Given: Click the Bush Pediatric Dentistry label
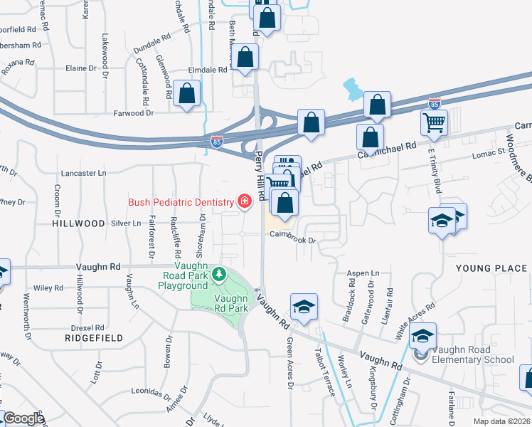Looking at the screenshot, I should (181, 203).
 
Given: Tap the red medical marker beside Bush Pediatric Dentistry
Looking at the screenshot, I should (245, 203).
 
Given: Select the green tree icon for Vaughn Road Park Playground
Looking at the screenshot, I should (220, 274).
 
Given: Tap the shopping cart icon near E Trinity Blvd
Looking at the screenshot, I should (434, 123).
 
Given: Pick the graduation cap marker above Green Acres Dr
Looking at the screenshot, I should (304, 307).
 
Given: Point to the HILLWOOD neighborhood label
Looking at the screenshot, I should (78, 223).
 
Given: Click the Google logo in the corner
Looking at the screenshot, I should (23, 418).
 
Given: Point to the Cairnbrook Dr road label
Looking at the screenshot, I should (291, 241).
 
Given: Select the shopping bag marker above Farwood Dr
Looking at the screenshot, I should (186, 95).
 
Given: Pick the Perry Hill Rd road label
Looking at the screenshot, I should (260, 174).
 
